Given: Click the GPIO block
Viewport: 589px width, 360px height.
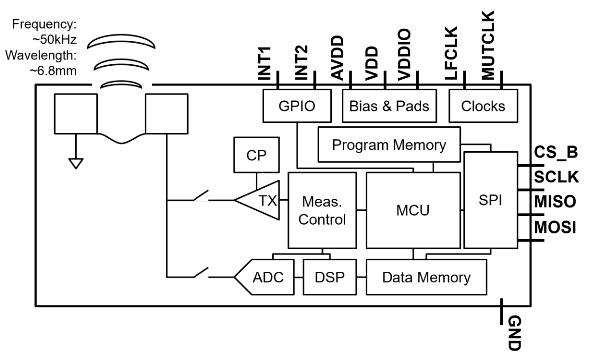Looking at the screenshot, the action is (x=297, y=106).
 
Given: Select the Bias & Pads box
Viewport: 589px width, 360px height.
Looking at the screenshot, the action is (x=389, y=106).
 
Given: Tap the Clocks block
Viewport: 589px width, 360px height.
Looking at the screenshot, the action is (x=483, y=106).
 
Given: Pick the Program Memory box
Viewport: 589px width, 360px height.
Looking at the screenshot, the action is (x=389, y=145).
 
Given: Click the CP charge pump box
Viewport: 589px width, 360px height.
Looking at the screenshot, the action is (x=256, y=155).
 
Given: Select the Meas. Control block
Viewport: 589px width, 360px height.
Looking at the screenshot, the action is (x=322, y=210).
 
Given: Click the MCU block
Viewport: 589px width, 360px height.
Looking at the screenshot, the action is (x=413, y=210).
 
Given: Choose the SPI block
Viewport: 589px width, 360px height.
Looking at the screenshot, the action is (x=491, y=200).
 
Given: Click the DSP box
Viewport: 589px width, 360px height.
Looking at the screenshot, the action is (x=330, y=277).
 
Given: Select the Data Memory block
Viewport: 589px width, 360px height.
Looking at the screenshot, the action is (x=426, y=277).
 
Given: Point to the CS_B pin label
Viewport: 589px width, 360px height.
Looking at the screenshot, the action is (x=556, y=152).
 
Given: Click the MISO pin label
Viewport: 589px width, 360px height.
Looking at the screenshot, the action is (x=555, y=202).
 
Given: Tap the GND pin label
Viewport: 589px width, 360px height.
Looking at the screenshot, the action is (x=514, y=333).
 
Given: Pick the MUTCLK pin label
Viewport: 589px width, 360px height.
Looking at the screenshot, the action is (x=488, y=45).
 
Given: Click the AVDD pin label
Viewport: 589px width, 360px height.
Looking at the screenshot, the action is (x=337, y=58).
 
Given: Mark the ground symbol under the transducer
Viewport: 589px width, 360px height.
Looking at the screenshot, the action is (x=76, y=163).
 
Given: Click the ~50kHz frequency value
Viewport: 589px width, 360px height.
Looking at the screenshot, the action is (x=55, y=40).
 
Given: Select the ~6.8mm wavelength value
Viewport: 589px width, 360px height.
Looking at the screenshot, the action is (x=53, y=71).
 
